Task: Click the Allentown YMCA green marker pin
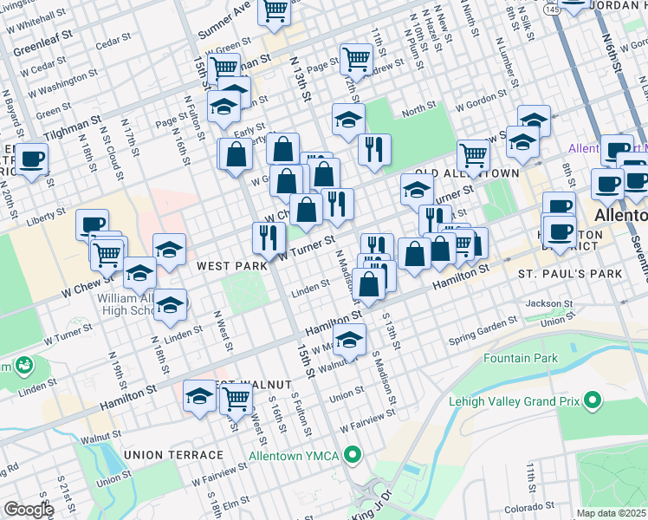coord(352,454)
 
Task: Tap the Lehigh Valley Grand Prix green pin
coord(593,400)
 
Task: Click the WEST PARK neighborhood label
coord(231,266)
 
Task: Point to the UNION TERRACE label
coord(161,455)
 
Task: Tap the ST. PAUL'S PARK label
coord(570,274)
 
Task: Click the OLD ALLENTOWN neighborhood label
coord(468,173)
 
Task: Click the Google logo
coord(29,510)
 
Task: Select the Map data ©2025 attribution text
coord(612,513)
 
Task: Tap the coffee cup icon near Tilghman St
coord(32,159)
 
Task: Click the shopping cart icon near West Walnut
coord(236,399)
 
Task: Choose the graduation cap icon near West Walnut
coord(200,396)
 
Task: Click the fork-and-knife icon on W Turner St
coord(269,235)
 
